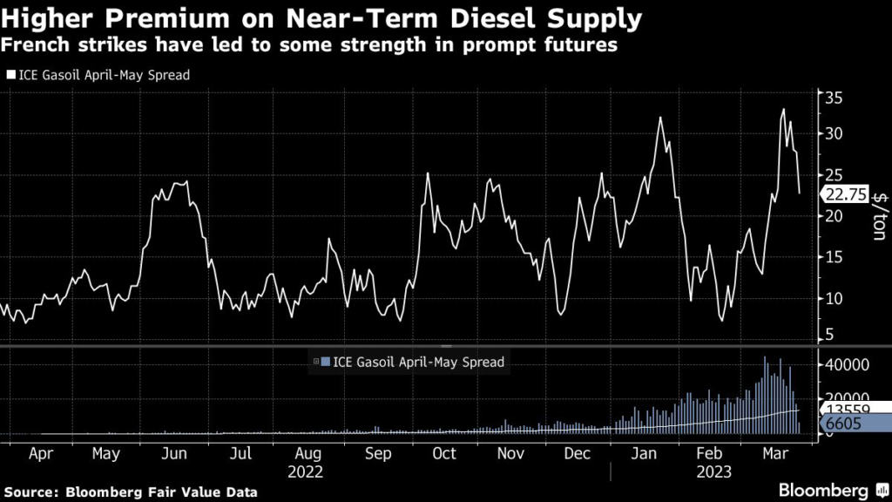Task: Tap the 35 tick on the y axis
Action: pyautogui.click(x=834, y=97)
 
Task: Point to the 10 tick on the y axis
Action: pyautogui.click(x=834, y=298)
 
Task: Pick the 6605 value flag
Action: pyautogui.click(x=843, y=424)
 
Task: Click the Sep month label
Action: pyautogui.click(x=377, y=453)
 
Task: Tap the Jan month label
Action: pyautogui.click(x=645, y=453)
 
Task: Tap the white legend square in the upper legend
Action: pyautogui.click(x=10, y=76)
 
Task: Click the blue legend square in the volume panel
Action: pyautogui.click(x=326, y=362)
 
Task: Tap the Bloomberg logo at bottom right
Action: pyautogui.click(x=828, y=491)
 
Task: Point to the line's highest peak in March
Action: pyautogui.click(x=783, y=109)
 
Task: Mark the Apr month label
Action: pyautogui.click(x=38, y=453)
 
